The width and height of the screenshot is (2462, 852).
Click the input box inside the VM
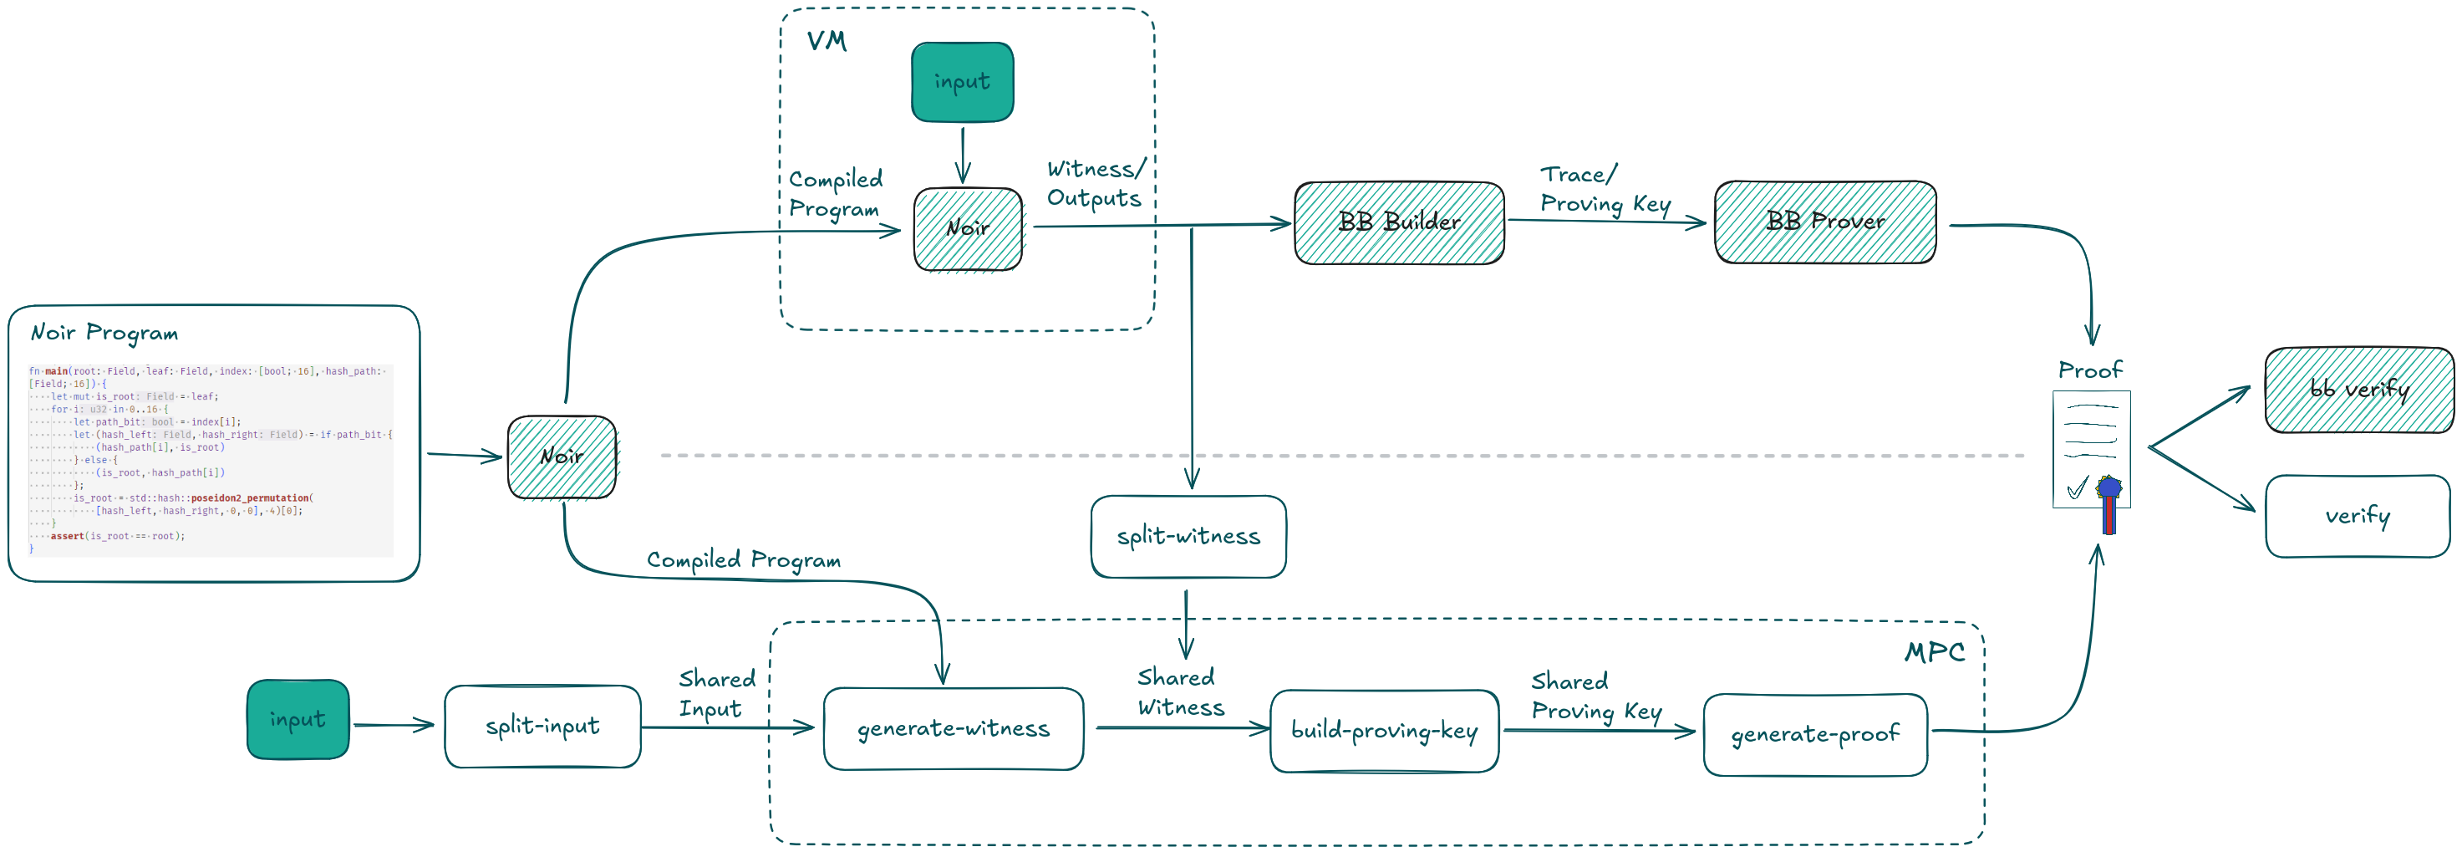[x=961, y=82]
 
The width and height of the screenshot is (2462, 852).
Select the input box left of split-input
[x=298, y=719]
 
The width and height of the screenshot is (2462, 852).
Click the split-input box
[x=542, y=727]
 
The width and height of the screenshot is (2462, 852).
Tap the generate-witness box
[x=953, y=728]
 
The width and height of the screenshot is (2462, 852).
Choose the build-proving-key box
[x=1384, y=732]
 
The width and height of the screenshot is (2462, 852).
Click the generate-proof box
[x=1814, y=734]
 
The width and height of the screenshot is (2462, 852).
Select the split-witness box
[x=1188, y=537]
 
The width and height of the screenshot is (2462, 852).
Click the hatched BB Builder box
[x=1398, y=222]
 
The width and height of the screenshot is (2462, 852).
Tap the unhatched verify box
[x=2357, y=517]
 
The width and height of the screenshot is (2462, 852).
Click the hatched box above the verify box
[x=2358, y=390]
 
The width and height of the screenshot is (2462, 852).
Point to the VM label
[x=827, y=42]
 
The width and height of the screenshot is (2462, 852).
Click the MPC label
[x=1935, y=653]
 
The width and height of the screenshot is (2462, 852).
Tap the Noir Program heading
[x=104, y=333]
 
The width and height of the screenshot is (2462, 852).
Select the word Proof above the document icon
[x=2089, y=370]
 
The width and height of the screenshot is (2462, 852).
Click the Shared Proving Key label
[x=1595, y=696]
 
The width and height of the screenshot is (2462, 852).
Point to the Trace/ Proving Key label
[x=1605, y=189]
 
